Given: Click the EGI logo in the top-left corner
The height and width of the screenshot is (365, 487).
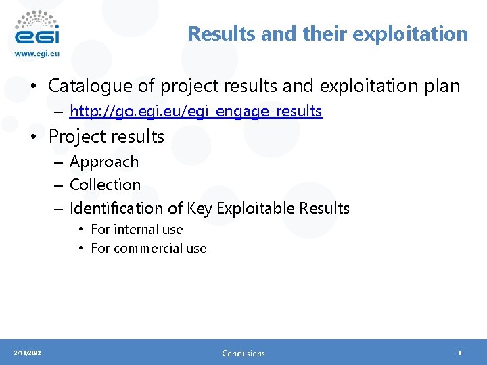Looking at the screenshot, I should click(x=37, y=28).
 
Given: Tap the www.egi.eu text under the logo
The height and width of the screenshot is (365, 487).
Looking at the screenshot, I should click(x=38, y=53).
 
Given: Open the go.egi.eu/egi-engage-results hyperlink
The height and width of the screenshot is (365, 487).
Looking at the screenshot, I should click(x=196, y=111).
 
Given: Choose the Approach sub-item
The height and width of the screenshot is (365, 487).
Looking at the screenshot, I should click(x=104, y=162).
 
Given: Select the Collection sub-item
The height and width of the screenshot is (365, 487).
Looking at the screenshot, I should click(x=106, y=185).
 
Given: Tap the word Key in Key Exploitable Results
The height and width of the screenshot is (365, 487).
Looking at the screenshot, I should click(x=199, y=208).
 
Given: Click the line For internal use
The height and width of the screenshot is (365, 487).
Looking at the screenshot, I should click(x=137, y=230).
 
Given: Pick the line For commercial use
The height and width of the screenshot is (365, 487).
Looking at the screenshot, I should click(x=148, y=248).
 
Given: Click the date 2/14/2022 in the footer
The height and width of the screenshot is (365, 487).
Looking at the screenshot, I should click(x=27, y=353).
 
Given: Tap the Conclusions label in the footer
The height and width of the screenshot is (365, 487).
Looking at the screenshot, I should click(x=243, y=353).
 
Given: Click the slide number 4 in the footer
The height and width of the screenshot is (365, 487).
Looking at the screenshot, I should click(x=459, y=353).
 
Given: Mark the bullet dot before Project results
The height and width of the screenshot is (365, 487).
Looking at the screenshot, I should click(x=33, y=137).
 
